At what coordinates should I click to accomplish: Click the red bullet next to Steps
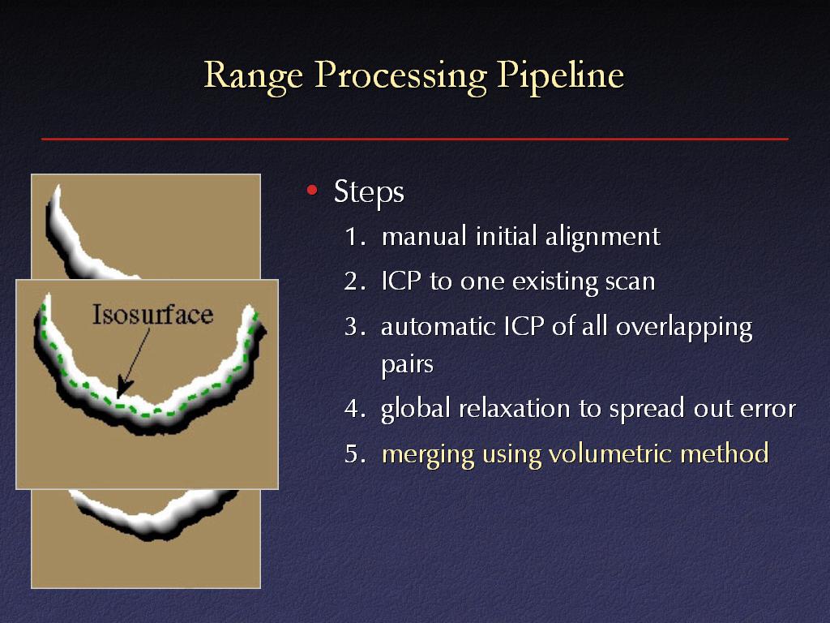(312, 190)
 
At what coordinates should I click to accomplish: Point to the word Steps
(369, 191)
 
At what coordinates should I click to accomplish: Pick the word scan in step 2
(630, 282)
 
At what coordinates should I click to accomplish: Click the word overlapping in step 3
(683, 328)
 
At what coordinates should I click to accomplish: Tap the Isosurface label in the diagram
(152, 315)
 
